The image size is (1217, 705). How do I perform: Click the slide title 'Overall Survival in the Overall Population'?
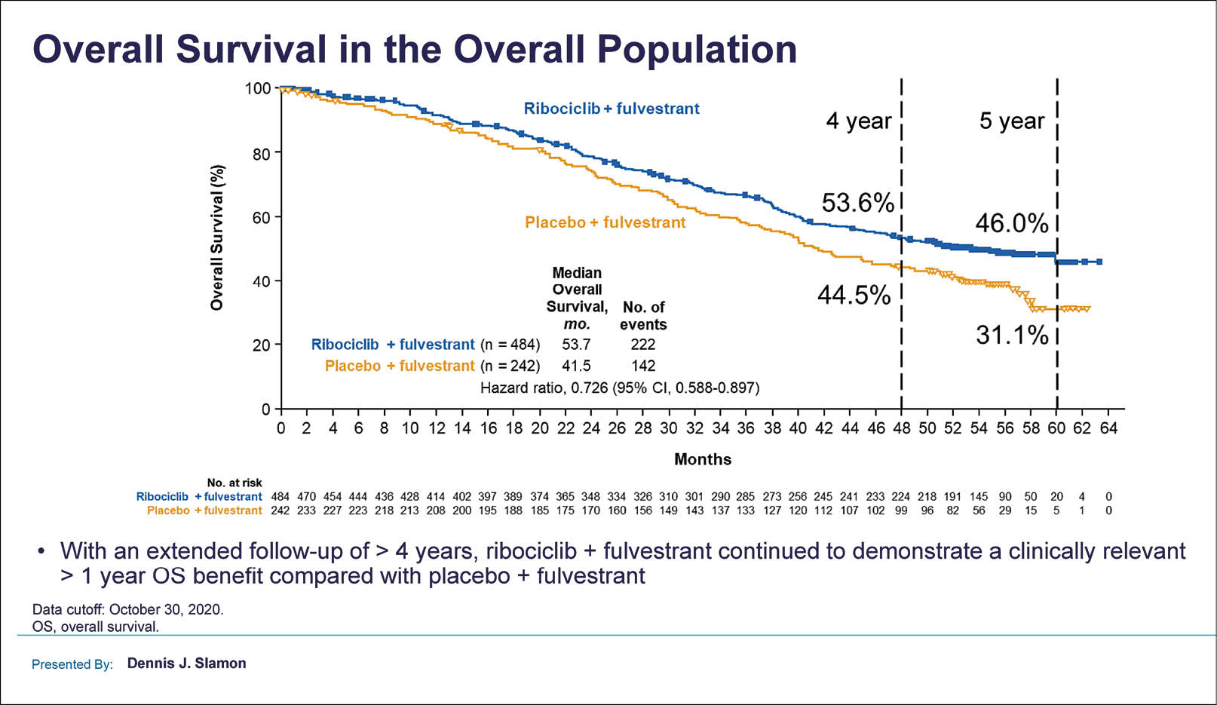415,50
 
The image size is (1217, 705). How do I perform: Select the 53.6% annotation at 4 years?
857,203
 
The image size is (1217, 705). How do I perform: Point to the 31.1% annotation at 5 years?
1011,335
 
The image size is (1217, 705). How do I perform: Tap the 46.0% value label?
1011,223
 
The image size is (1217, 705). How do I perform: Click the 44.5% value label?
854,295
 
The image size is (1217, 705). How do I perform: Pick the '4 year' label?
858,121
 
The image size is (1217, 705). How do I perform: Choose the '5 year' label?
1011,121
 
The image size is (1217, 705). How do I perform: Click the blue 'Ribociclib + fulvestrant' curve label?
612,109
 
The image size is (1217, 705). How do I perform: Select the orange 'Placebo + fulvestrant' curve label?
605,222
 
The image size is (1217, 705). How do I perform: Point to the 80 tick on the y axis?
259,153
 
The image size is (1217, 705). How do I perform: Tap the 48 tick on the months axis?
901,428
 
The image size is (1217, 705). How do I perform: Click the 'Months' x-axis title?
702,459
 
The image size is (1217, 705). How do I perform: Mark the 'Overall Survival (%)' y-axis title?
217,238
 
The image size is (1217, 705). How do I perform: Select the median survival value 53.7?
576,345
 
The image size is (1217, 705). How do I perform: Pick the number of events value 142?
643,366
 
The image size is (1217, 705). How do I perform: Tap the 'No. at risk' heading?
235,483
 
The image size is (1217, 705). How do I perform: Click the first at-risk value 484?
280,497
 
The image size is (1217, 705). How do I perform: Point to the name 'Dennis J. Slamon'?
186,664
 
